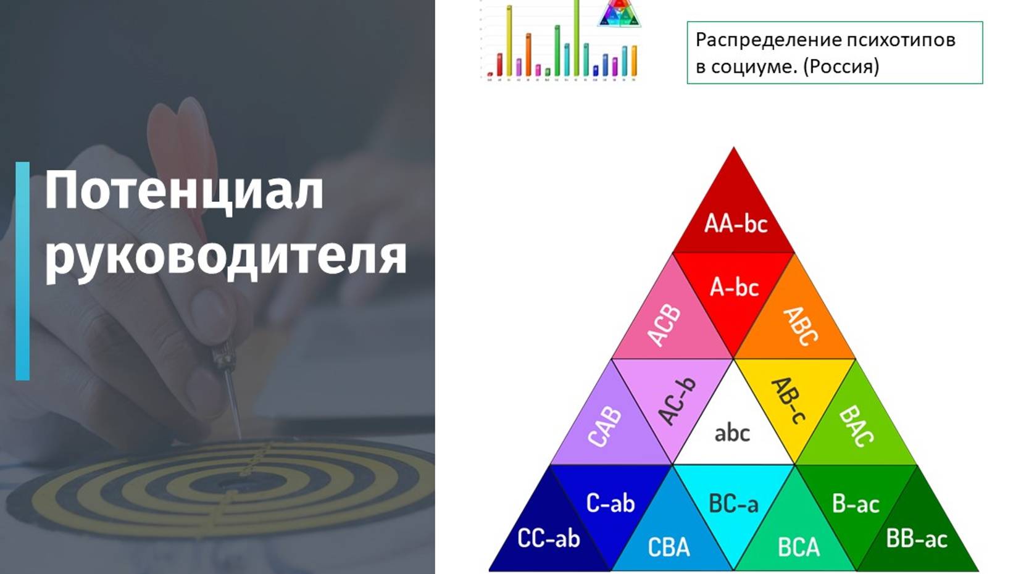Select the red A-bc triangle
(x=734, y=290)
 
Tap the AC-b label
(x=677, y=401)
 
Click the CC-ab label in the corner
(x=548, y=539)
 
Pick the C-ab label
(x=610, y=504)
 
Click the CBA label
(x=669, y=547)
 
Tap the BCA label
(x=798, y=547)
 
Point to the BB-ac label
(x=916, y=539)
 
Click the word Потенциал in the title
(x=184, y=190)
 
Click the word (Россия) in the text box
(x=841, y=66)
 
